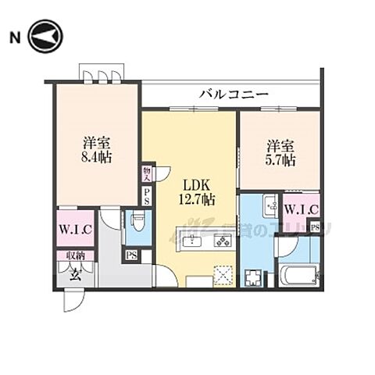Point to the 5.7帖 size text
pyautogui.click(x=280, y=160)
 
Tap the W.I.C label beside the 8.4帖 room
pyautogui.click(x=75, y=230)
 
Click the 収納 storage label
pyautogui.click(x=75, y=255)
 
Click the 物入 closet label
pyautogui.click(x=147, y=172)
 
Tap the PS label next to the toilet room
pyautogui.click(x=132, y=255)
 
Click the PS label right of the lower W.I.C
pyautogui.click(x=315, y=227)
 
